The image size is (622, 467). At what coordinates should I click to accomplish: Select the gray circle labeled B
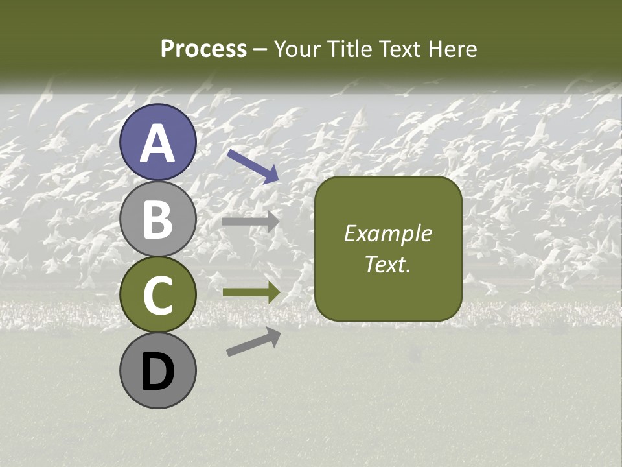click(x=158, y=219)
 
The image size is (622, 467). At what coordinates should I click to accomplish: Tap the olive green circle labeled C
click(x=158, y=294)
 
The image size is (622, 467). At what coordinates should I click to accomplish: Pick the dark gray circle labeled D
click(x=158, y=370)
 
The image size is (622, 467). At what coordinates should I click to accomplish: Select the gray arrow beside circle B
click(x=251, y=221)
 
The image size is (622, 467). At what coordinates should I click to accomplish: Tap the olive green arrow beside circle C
click(x=251, y=292)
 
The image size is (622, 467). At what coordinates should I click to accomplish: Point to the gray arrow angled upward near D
click(x=253, y=342)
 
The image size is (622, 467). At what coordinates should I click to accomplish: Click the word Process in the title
click(x=203, y=49)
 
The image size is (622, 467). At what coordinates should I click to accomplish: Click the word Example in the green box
click(x=387, y=233)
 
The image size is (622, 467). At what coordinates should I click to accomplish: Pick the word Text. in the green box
click(x=387, y=264)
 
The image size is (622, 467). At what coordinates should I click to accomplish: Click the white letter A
click(x=158, y=143)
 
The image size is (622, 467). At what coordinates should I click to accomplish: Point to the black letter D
click(x=158, y=372)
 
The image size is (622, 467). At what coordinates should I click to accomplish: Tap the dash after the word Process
click(x=260, y=50)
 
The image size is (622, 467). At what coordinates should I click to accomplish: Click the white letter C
click(x=158, y=296)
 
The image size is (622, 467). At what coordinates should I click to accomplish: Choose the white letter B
click(x=158, y=219)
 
